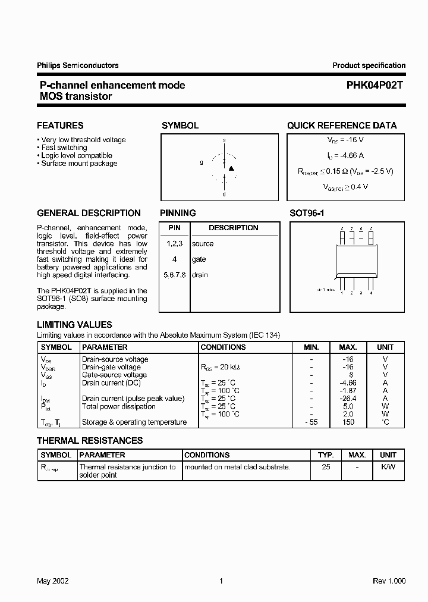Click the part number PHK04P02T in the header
click(x=375, y=85)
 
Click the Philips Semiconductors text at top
click(x=78, y=65)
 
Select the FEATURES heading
click(x=60, y=126)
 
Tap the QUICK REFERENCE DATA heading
click(x=342, y=126)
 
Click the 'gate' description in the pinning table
click(x=199, y=259)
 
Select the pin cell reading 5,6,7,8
click(x=174, y=275)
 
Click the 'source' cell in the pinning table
click(x=203, y=244)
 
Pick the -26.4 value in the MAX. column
click(x=348, y=399)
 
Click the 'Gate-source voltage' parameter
click(x=114, y=375)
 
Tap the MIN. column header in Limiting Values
click(x=311, y=347)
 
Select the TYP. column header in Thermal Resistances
click(x=326, y=454)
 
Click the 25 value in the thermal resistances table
click(x=326, y=467)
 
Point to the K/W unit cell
click(x=388, y=467)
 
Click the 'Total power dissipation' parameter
click(x=119, y=406)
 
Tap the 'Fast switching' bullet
click(x=64, y=148)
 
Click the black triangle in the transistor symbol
click(x=232, y=168)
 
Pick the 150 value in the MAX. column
click(x=348, y=422)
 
